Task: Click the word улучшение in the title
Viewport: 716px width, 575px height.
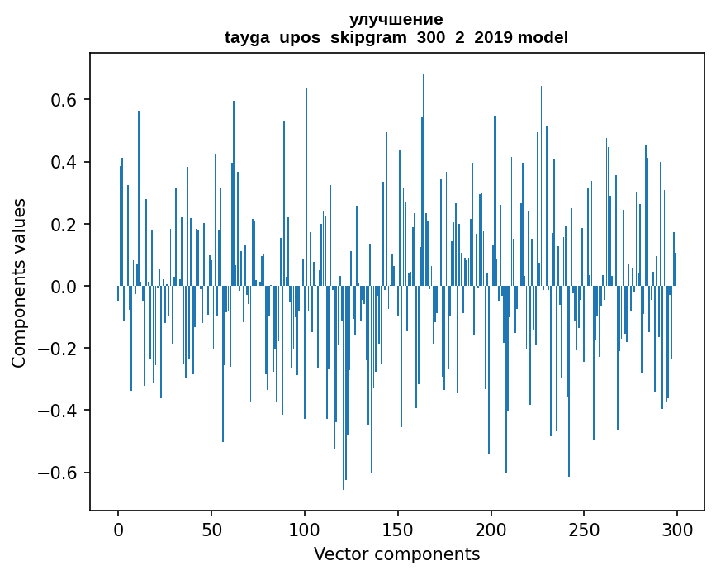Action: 396,19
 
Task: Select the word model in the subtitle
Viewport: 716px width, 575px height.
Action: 543,37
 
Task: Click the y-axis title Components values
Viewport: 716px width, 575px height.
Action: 18,283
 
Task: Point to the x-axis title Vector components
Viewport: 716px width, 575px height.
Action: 396,554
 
